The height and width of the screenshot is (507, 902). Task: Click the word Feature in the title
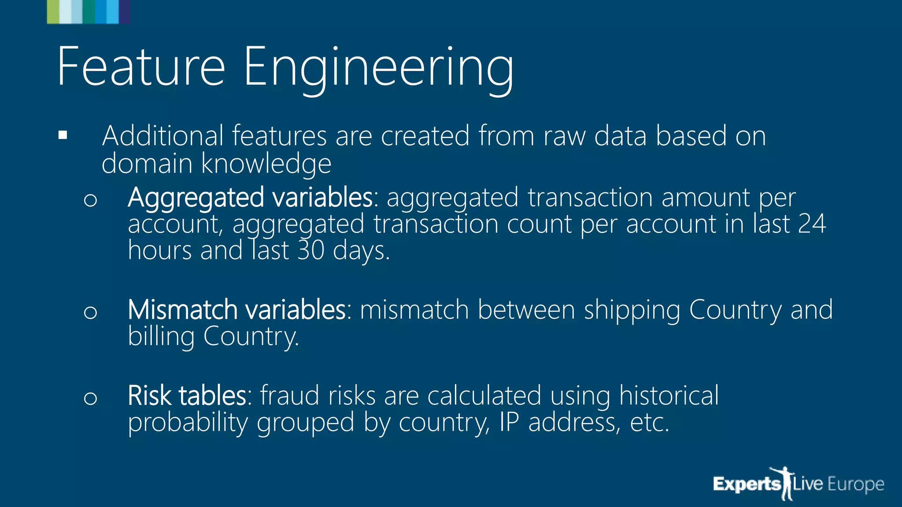[x=141, y=67]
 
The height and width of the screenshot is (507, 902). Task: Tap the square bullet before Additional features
[x=63, y=135]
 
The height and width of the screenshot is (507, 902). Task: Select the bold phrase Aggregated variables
[x=251, y=198]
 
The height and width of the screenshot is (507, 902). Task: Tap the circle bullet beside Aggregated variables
[x=90, y=200]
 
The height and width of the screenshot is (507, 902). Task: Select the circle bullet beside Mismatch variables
[x=90, y=312]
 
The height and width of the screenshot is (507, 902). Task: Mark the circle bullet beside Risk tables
[x=90, y=398]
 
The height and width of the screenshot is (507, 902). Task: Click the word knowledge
[x=266, y=164]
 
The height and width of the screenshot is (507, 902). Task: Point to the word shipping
[x=632, y=311]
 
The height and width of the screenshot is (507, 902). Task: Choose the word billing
[x=161, y=337]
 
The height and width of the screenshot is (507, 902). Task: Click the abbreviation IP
[x=509, y=422]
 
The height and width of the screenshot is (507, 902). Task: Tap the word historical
[x=669, y=395]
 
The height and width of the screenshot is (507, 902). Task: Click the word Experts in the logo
[x=747, y=485]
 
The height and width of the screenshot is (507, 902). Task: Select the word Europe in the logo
[x=856, y=485]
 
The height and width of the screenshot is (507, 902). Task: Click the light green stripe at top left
[x=52, y=12]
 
